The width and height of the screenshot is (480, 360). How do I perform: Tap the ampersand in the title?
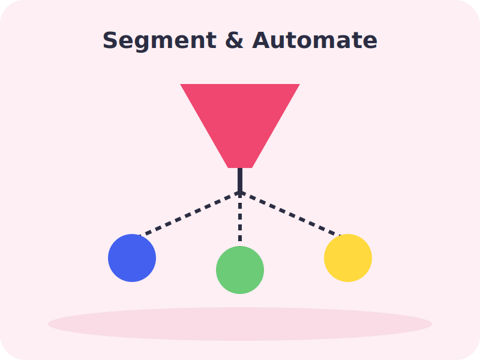(234, 40)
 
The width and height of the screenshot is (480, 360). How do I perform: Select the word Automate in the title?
(314, 40)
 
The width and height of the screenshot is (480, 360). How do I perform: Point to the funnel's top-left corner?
(181, 84)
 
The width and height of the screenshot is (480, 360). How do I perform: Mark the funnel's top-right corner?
(299, 84)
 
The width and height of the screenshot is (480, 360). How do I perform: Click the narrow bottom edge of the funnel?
(240, 167)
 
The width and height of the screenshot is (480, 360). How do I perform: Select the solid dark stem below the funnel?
(240, 180)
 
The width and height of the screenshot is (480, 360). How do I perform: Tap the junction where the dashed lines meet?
(240, 192)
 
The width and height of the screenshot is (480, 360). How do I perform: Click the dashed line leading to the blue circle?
(189, 214)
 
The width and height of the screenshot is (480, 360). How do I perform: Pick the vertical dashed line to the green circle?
(240, 219)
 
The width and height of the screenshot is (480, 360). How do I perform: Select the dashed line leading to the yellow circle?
(291, 214)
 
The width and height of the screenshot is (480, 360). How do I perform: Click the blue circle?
(132, 258)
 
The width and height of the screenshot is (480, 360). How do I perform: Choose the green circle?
(240, 270)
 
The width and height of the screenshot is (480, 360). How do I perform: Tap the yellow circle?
(348, 258)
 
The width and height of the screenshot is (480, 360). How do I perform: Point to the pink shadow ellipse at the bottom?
(240, 324)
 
